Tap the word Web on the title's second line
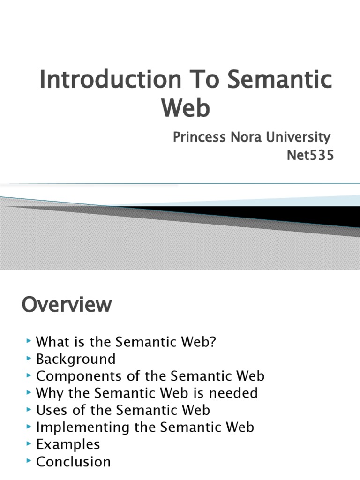[186, 107]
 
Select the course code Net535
[310, 155]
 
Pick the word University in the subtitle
[296, 137]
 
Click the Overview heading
[67, 305]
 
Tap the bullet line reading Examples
[68, 444]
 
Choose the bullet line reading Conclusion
[74, 461]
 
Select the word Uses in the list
[49, 410]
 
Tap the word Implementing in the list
[76, 427]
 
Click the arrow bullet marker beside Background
[30, 359]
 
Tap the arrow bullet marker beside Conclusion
[30, 461]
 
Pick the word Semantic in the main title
[280, 79]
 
